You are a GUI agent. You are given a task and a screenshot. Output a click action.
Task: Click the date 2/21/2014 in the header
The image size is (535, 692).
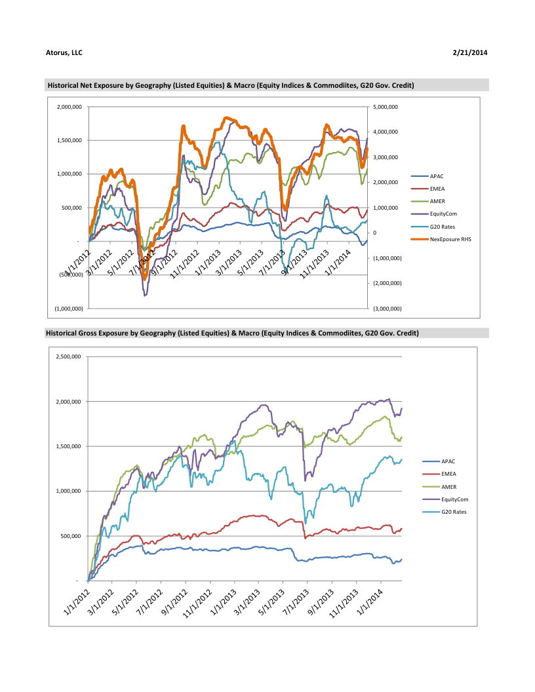point(469,52)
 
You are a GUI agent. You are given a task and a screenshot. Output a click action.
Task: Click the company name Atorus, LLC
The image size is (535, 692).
point(64,52)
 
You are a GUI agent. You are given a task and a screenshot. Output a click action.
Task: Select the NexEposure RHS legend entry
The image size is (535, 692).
point(450,239)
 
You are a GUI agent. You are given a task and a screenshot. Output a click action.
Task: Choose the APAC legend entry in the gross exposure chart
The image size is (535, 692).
point(448,461)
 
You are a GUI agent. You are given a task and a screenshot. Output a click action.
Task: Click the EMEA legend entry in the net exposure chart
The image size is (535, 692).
point(437,189)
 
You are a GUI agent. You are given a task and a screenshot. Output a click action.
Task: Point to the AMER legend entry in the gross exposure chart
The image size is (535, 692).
point(449,487)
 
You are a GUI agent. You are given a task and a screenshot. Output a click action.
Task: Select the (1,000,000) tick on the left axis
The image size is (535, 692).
point(69,308)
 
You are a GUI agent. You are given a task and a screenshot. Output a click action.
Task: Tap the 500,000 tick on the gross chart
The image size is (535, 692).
point(69,536)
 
